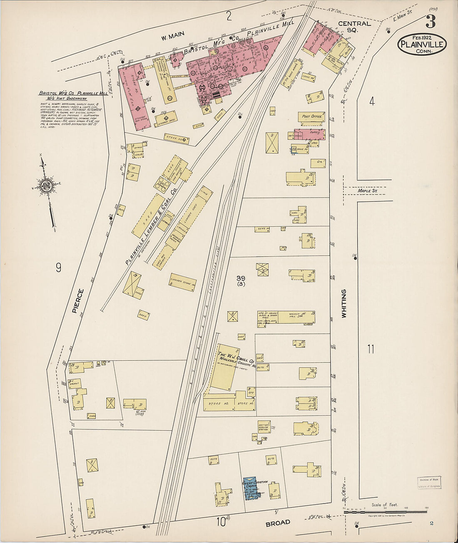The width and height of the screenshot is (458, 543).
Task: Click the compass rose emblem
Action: tap(46, 186)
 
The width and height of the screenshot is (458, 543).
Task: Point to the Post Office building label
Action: tap(311, 117)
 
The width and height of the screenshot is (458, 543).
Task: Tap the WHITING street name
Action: tap(344, 304)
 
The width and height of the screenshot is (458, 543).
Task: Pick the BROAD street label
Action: tap(278, 523)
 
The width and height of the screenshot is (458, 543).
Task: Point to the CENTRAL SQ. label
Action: tap(354, 27)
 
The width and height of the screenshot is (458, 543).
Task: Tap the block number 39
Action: tap(241, 278)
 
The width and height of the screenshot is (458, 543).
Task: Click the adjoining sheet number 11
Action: tap(371, 349)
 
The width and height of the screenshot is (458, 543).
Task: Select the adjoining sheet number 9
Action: tap(58, 268)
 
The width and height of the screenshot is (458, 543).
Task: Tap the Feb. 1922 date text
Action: tap(422, 36)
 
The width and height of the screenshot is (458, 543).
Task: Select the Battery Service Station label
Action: tap(264, 426)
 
